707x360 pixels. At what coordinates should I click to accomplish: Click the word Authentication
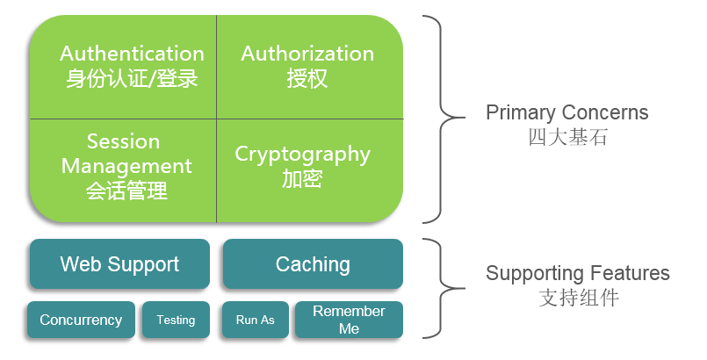[x=132, y=54]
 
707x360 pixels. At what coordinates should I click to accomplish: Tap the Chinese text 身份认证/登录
[x=132, y=79]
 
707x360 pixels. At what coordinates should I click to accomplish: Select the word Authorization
[x=307, y=54]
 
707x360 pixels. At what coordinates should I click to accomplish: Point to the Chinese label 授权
[x=307, y=79]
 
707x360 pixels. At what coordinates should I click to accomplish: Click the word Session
[x=123, y=142]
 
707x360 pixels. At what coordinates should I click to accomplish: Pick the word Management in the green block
[x=126, y=166]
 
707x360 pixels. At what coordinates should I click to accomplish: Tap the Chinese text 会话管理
[x=126, y=191]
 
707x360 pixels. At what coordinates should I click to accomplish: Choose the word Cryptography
[x=303, y=155]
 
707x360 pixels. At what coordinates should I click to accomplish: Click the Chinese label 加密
[x=303, y=179]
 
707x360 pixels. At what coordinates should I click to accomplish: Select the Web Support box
[x=119, y=264]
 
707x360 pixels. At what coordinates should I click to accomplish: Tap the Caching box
[x=313, y=264]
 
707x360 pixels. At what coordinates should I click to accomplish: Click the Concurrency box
[x=81, y=320]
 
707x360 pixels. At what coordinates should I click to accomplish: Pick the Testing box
[x=176, y=320]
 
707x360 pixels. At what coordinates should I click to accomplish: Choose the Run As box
[x=255, y=320]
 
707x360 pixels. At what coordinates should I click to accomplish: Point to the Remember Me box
[x=349, y=320]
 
